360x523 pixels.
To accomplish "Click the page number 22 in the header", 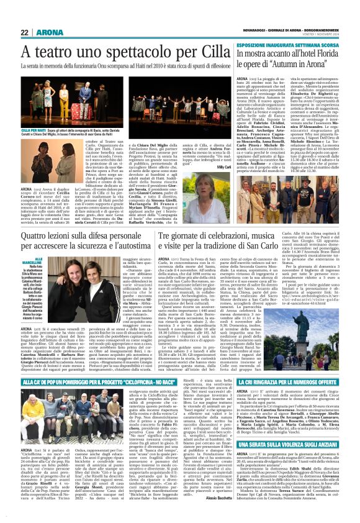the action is pyautogui.click(x=24, y=32).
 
